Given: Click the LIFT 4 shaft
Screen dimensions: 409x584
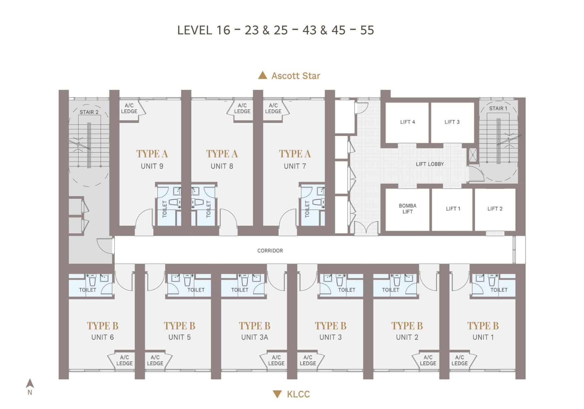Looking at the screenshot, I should tap(407, 122).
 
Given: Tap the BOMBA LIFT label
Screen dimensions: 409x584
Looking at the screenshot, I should tap(407, 209).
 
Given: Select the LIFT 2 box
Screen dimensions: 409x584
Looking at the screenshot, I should tap(495, 209).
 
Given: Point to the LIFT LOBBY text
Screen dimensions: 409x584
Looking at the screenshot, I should tap(429, 164).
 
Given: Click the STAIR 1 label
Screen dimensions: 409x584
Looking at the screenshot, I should tap(498, 109).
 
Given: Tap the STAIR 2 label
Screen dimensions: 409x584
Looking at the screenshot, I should tap(89, 112).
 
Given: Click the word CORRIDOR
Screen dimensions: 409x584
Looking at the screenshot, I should tap(270, 251).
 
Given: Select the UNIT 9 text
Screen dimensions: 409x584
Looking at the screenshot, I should tap(152, 166).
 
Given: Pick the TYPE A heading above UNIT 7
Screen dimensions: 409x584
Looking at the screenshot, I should tap(295, 154).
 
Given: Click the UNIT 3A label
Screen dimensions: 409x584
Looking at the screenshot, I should tap(255, 338).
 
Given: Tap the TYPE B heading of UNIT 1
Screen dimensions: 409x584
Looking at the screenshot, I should tap(483, 326).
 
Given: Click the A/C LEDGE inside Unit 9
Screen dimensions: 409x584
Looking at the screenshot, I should tap(129, 109).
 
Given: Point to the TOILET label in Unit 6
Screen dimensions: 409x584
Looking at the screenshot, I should tap(87, 290).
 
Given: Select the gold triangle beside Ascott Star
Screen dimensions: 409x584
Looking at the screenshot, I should tap(263, 75).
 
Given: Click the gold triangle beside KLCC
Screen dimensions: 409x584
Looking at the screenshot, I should tap(277, 394).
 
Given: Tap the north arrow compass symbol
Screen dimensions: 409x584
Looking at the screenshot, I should tap(30, 384).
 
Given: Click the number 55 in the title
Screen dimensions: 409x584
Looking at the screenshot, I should tap(367, 30).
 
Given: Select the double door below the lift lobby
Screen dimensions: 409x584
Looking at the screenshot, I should tap(366, 229).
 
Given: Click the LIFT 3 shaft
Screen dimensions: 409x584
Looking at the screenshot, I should tap(452, 122).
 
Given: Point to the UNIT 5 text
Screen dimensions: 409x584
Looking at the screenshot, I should tap(179, 338).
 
